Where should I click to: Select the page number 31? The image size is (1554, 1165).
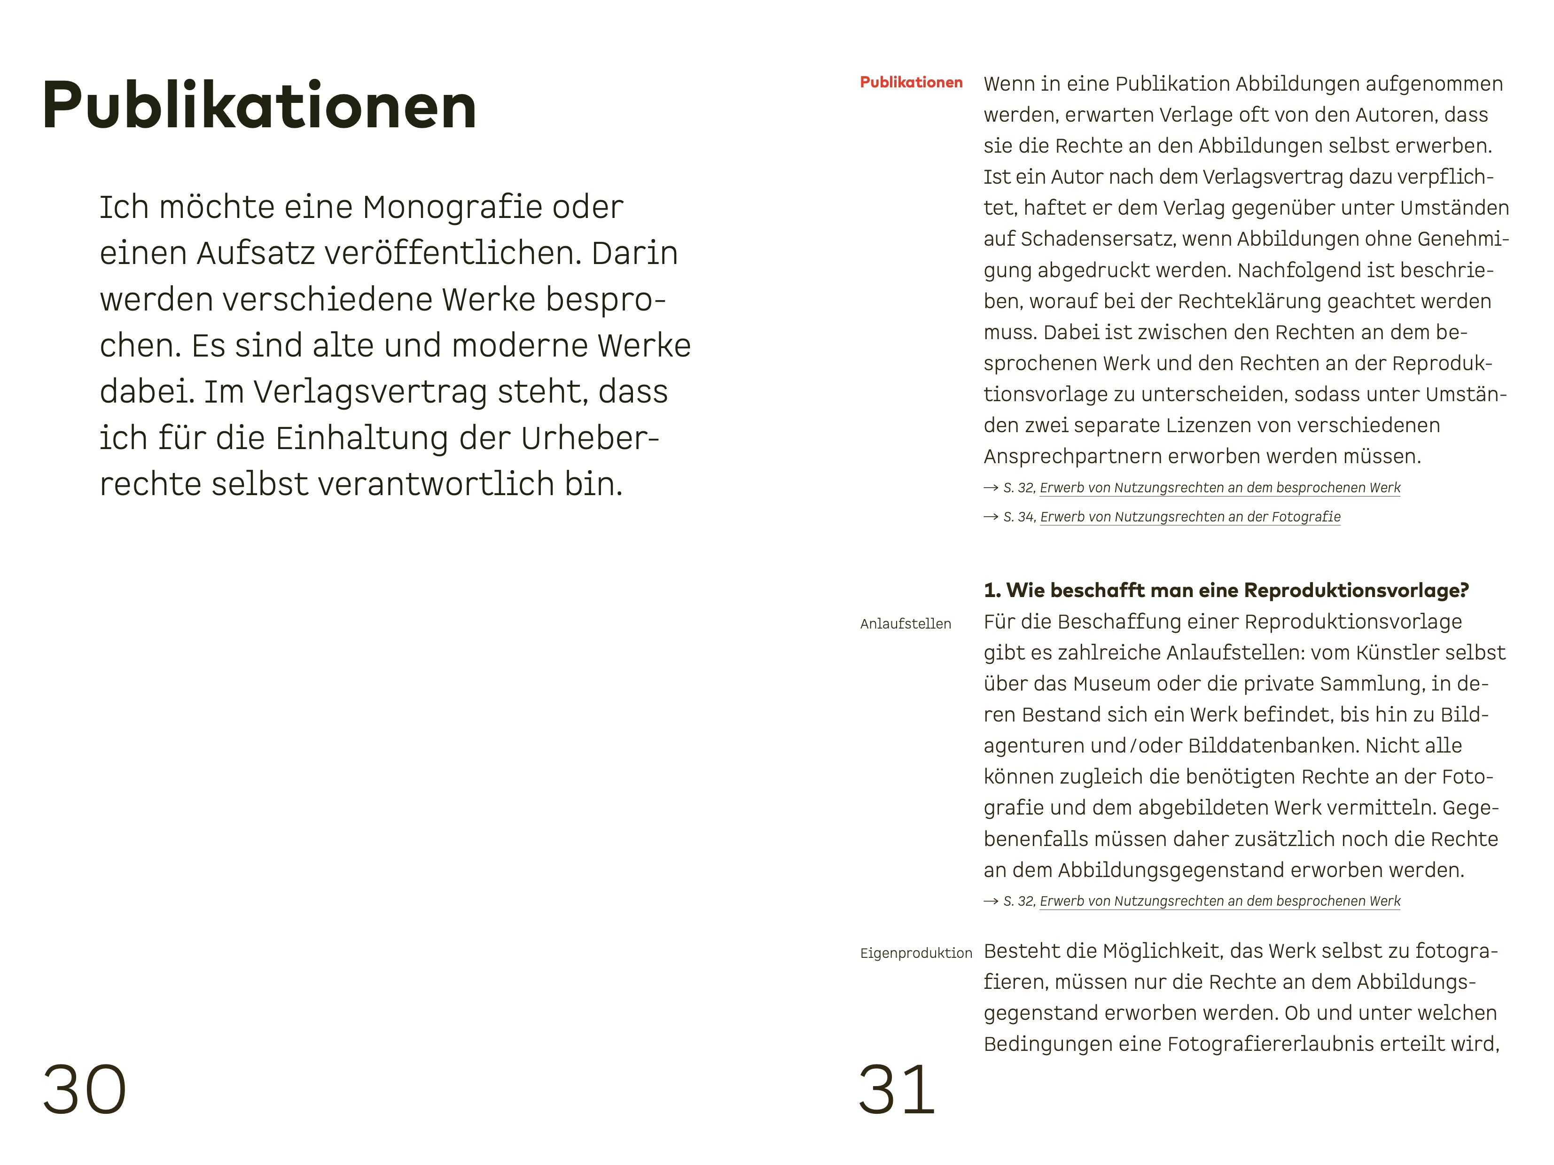tap(897, 1090)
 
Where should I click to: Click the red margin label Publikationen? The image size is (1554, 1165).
tap(911, 83)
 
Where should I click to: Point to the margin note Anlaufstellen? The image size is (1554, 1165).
tap(906, 623)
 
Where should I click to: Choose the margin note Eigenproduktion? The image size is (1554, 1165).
tap(916, 953)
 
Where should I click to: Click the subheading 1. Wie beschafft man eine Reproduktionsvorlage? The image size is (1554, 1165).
tap(1226, 590)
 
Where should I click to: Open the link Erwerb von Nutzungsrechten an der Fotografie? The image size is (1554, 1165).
tap(1190, 517)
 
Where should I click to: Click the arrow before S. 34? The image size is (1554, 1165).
tap(991, 517)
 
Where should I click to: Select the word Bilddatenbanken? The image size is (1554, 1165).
tap(1273, 746)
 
